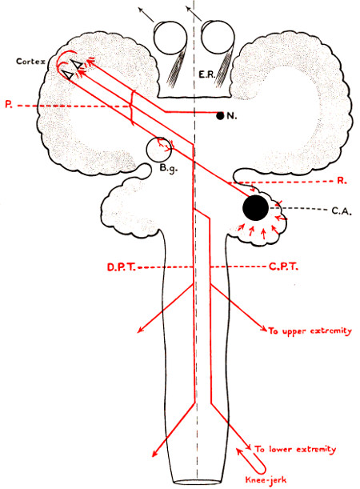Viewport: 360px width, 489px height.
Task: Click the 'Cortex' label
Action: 30,61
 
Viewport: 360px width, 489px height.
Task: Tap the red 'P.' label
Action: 9,105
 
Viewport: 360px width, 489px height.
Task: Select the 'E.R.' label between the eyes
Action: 207,74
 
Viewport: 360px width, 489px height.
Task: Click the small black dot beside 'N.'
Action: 220,116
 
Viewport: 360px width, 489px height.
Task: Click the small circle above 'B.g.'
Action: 147,149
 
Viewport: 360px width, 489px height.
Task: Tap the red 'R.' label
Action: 342,181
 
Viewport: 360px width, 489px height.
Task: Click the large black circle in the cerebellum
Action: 255,208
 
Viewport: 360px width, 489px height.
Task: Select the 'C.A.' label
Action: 342,211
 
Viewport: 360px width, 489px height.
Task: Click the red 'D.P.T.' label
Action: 122,267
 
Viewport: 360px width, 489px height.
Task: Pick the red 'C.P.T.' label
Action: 283,267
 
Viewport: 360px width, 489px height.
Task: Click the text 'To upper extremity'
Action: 310,331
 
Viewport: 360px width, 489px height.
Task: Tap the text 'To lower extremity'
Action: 295,449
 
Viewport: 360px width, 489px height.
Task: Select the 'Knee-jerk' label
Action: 266,479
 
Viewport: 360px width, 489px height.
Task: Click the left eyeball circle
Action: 154,38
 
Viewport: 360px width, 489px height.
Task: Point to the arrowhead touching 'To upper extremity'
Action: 264,329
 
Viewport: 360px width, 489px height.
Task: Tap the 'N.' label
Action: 232,116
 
